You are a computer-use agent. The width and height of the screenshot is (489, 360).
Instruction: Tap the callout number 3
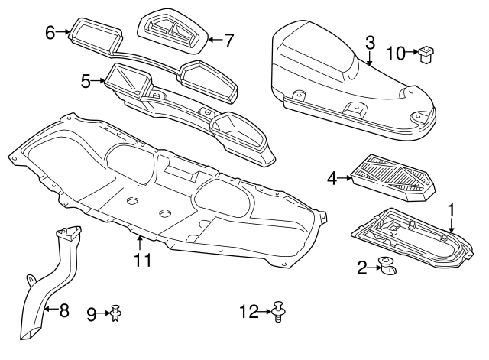[x=370, y=43]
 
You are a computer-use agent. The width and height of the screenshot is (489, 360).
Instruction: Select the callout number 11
[x=143, y=260]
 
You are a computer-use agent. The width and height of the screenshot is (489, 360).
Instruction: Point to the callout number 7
[x=228, y=41]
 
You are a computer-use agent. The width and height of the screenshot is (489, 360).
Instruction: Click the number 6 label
[x=50, y=32]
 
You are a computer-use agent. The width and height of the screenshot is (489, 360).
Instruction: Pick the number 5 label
[x=86, y=81]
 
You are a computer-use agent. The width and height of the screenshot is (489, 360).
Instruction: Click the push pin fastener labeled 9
[x=116, y=313]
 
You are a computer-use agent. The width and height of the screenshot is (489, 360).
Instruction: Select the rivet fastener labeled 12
[x=278, y=311]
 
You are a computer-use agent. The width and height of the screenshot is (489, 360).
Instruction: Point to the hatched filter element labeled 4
[x=393, y=177]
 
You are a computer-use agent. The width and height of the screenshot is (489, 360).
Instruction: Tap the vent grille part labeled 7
[x=173, y=31]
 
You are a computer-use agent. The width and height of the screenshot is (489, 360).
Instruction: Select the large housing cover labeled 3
[x=353, y=81]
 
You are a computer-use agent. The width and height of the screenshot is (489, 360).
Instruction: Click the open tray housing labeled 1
[x=412, y=238]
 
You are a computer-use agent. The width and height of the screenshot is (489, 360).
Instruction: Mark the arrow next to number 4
[x=345, y=178]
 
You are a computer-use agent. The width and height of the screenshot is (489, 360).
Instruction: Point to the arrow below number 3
[x=370, y=58]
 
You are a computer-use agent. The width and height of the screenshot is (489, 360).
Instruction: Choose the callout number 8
[x=63, y=310]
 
